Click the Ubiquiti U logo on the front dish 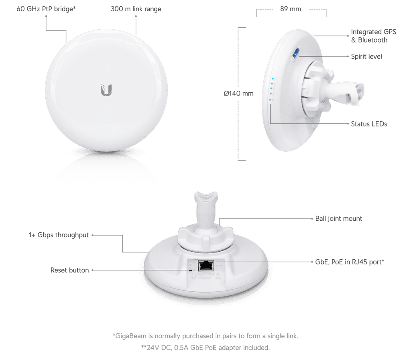point(106,90)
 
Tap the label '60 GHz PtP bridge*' point(46,9)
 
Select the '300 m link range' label point(136,9)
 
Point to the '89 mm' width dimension point(291,9)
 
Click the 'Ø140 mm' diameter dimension point(238,94)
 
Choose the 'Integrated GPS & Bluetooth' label point(374,36)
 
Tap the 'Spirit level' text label point(366,57)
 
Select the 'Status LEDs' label point(369,124)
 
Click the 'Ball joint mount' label point(339,218)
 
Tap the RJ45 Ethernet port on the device point(206,266)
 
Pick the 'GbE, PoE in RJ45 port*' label point(350,262)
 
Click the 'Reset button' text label point(69,270)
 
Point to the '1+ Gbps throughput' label point(59,235)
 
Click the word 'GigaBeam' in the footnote point(130,336)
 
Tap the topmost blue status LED point(273,79)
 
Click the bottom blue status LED point(270,100)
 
